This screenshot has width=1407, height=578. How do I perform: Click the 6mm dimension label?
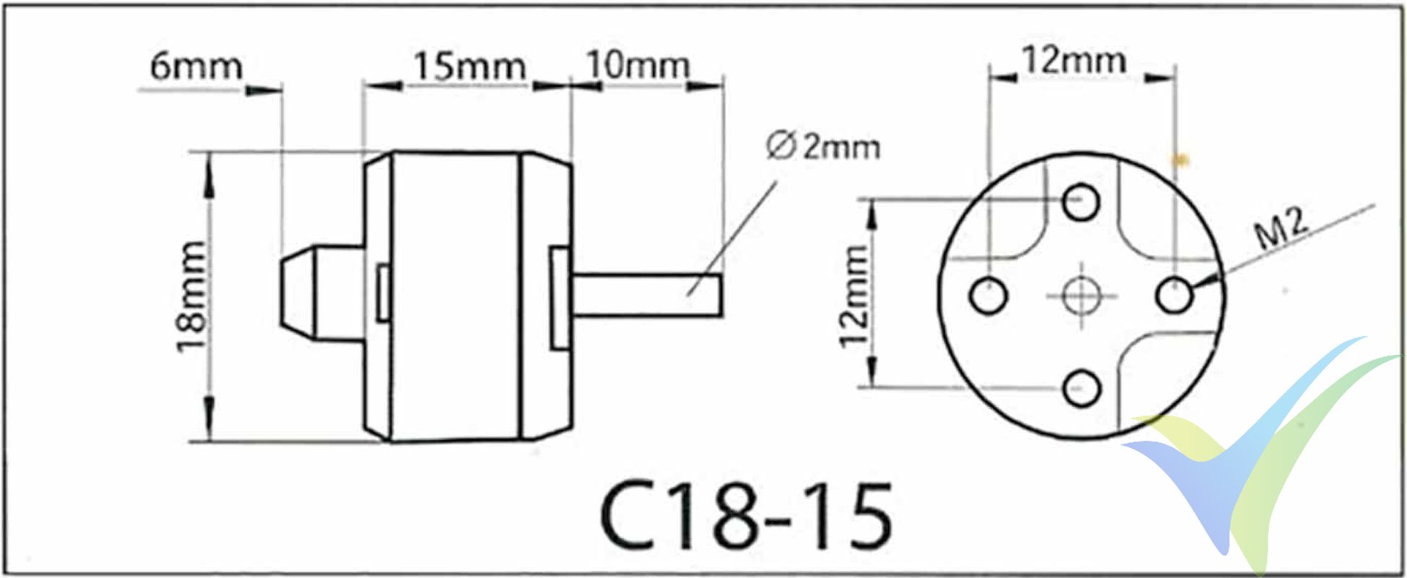coord(196,66)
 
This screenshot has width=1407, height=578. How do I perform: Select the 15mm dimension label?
coord(469,66)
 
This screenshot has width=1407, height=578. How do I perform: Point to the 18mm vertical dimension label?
coord(191,296)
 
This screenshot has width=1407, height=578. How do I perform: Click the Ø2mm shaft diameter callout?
coord(823,147)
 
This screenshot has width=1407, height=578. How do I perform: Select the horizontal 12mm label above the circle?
coord(1074,60)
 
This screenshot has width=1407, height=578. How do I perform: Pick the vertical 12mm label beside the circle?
coord(854,296)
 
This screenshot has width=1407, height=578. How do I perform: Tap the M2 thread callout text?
coord(1281,230)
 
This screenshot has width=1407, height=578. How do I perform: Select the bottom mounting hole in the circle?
coord(1081,389)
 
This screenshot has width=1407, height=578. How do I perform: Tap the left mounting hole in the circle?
coord(987,296)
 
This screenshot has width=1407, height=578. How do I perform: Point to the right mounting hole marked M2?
coord(1174,295)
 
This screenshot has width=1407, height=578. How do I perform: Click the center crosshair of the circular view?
coord(1081,296)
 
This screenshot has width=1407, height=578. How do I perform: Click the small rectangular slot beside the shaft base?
coord(560,298)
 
